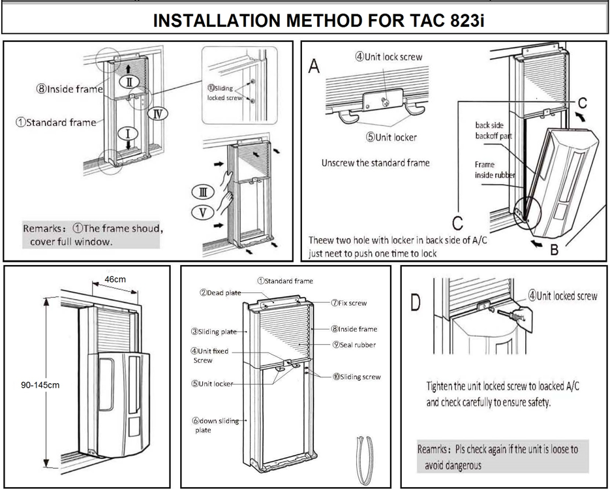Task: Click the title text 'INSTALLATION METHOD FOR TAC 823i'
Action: tap(319, 19)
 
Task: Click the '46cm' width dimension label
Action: tap(115, 279)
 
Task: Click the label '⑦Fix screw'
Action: tap(348, 303)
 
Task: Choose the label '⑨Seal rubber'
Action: tap(353, 345)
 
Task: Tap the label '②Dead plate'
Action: tap(220, 292)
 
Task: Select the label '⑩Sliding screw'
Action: tap(356, 377)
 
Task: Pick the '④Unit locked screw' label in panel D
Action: tap(562, 296)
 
